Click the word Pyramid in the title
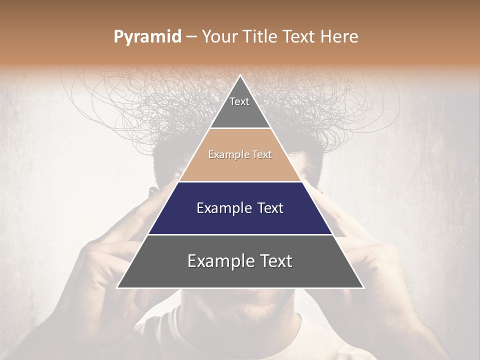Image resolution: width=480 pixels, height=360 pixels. pos(147,37)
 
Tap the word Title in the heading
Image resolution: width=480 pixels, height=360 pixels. pos(261,37)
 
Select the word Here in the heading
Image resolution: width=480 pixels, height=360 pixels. pos(340,37)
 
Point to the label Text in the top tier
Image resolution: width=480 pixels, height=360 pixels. pos(239,101)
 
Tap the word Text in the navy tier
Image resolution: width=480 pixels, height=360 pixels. pos(269,208)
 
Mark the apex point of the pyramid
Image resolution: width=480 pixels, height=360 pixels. pos(240,76)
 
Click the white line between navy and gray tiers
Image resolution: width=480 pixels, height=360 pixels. pos(240,234)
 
